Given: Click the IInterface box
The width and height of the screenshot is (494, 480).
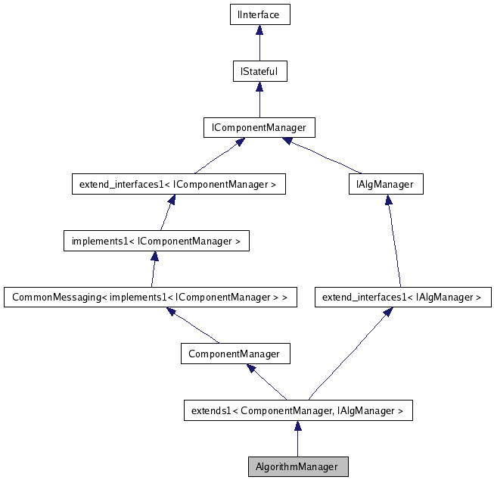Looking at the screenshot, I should point(259,14).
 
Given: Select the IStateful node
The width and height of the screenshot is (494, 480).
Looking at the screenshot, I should point(259,72).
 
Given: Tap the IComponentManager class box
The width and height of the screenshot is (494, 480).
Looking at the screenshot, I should point(259,128).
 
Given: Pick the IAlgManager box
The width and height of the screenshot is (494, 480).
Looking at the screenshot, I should point(386,184).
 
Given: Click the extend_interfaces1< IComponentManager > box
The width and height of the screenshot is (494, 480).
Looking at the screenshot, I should point(178,184).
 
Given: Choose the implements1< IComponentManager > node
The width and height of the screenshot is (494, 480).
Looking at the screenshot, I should point(156,242).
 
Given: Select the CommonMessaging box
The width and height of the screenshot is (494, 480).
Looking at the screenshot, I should point(151,298).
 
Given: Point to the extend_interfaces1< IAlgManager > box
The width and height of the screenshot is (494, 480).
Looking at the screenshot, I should point(402,298).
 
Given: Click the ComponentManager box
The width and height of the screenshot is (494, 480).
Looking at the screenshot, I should point(234,354).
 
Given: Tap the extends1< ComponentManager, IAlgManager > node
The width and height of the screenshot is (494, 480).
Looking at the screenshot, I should point(298,411).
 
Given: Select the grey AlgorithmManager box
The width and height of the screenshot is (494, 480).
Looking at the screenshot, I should point(297,466).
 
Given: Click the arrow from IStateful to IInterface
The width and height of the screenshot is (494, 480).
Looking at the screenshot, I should point(259,43).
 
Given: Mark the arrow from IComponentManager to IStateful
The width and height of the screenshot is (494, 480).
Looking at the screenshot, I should point(259,100).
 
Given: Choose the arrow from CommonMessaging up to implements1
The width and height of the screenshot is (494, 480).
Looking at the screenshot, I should point(154,270).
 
